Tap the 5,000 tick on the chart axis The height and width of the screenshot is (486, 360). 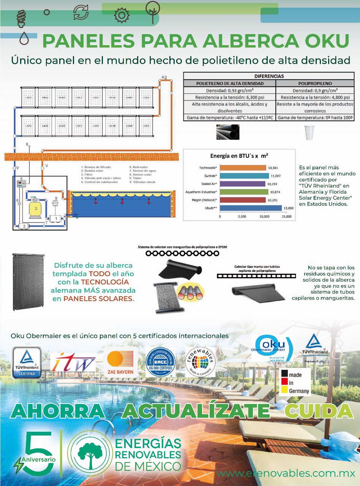point(242,216)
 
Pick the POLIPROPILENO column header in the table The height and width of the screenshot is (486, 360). point(315,83)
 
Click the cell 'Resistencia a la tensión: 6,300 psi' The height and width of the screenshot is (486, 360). point(229,98)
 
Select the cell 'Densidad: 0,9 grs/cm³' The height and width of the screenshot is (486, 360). point(315,90)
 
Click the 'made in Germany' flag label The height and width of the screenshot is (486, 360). point(295,382)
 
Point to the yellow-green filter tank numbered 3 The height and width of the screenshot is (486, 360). point(36,209)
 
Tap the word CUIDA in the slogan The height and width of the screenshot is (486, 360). point(318,411)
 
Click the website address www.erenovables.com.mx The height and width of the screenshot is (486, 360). point(286,474)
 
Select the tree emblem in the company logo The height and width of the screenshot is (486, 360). point(89,451)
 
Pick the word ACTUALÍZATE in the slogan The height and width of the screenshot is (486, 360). point(196,411)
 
